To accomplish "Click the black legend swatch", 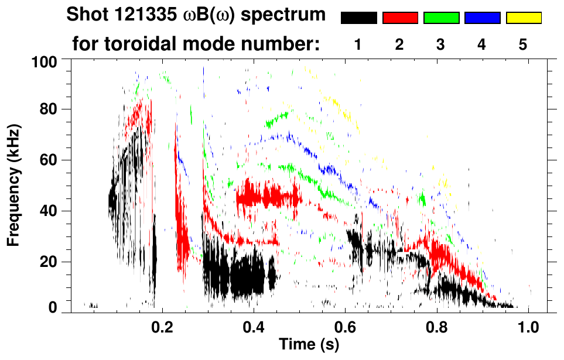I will (x=358, y=18).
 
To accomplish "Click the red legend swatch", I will (x=400, y=18).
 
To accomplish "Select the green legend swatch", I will (x=441, y=18).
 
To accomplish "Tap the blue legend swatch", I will (x=482, y=18).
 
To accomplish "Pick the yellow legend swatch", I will (x=523, y=18).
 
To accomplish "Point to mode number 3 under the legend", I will (x=440, y=44).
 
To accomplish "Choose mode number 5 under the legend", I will (x=523, y=44).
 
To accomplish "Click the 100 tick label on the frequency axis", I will (x=45, y=61).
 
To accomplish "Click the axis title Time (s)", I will (x=309, y=345).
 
